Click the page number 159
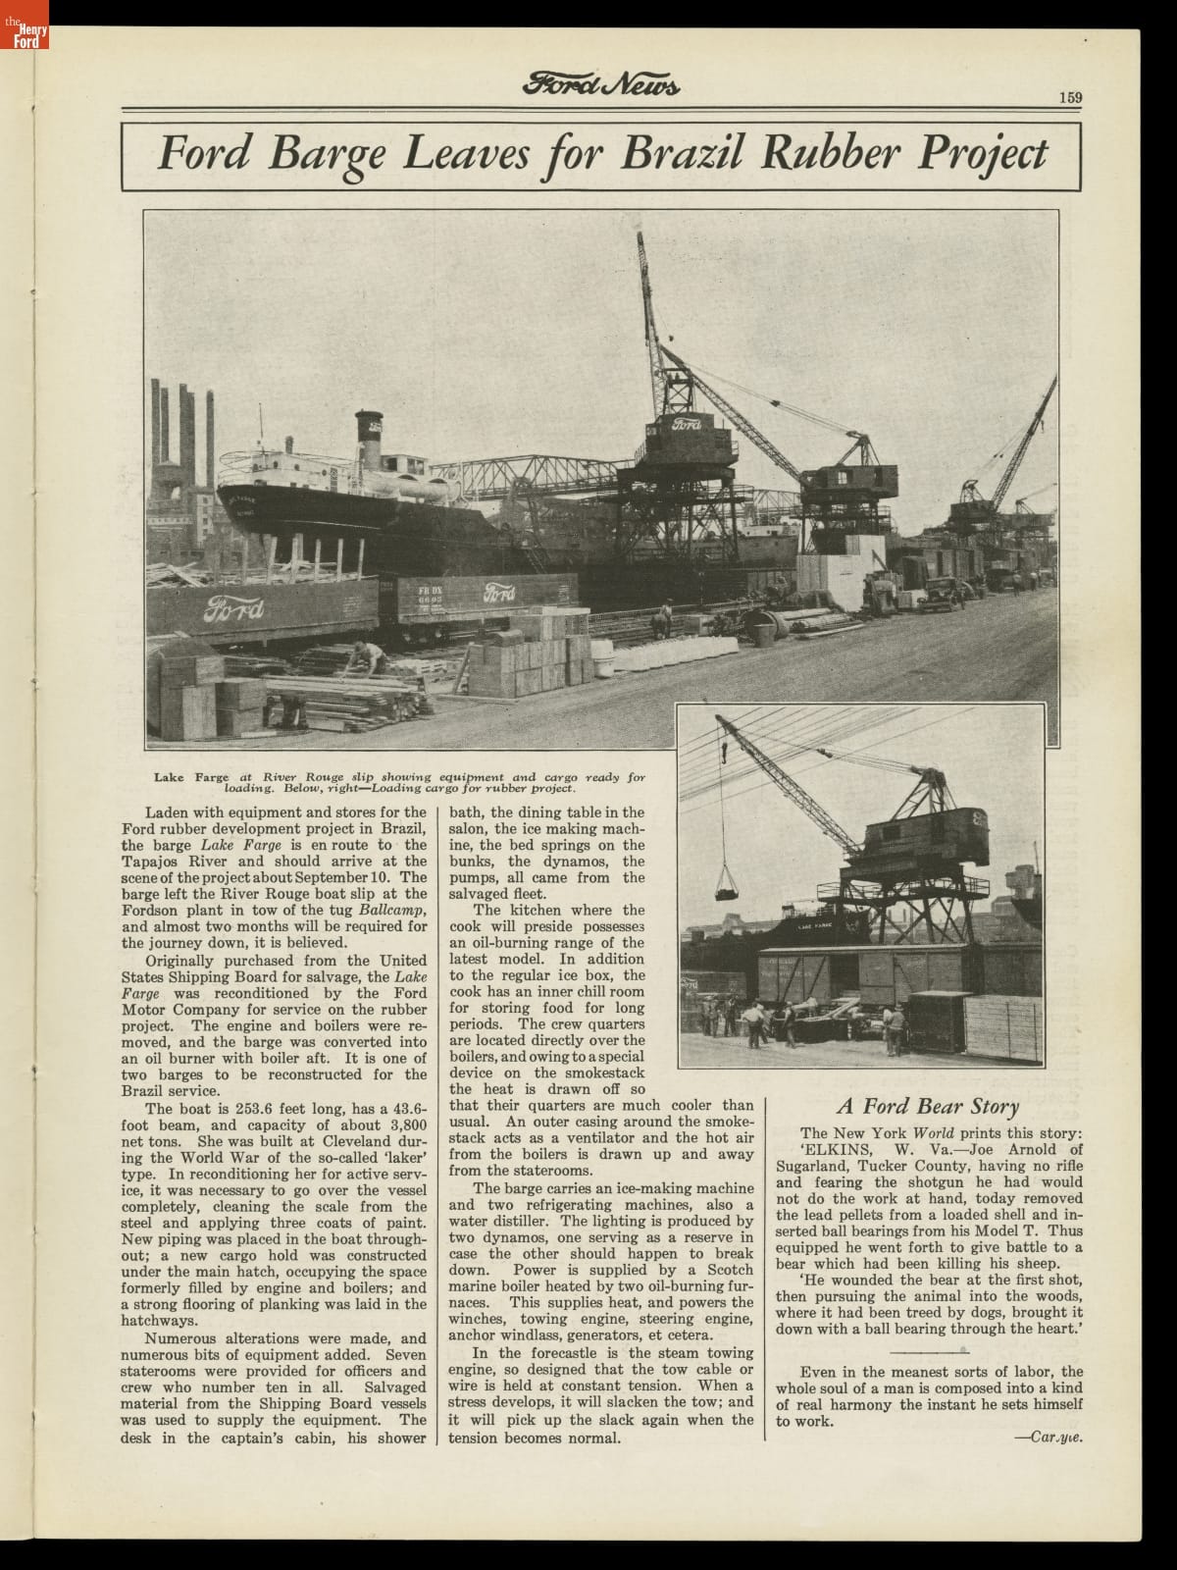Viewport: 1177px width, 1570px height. pyautogui.click(x=1070, y=96)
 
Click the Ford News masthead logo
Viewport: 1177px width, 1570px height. pyautogui.click(x=601, y=86)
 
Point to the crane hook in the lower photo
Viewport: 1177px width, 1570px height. pyautogui.click(x=724, y=753)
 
